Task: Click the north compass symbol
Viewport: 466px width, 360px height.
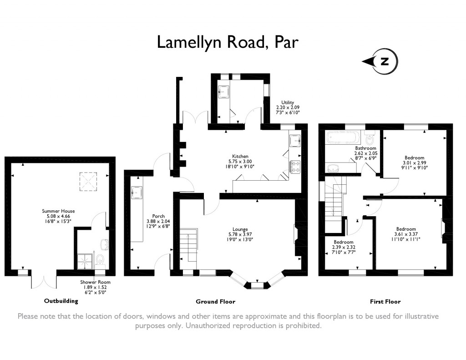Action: (385, 61)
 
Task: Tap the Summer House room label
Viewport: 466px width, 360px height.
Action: (58, 211)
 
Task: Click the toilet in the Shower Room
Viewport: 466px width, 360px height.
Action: (101, 259)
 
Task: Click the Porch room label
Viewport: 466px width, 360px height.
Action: (158, 216)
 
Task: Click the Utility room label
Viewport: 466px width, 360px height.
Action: (288, 102)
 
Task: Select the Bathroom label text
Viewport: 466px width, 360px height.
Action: (365, 148)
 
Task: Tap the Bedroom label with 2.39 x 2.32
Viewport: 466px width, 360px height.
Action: (343, 242)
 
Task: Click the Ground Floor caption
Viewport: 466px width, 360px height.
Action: (215, 301)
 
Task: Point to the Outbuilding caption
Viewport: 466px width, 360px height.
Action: (61, 301)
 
